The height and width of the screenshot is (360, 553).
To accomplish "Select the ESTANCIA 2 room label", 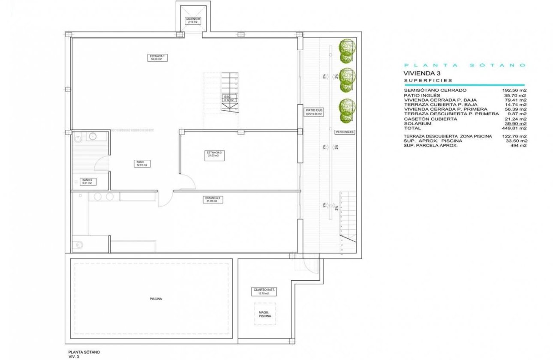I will click(x=214, y=154).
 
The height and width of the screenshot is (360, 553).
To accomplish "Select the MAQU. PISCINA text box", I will click(x=264, y=314).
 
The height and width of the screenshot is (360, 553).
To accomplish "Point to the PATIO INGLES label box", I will click(x=345, y=132).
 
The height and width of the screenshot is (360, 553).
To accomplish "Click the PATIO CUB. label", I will click(x=314, y=112).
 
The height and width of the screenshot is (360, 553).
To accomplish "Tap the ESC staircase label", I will click(x=228, y=98).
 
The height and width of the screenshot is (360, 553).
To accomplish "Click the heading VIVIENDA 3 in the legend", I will click(x=422, y=73).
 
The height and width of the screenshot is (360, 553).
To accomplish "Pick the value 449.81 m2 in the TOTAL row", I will click(x=514, y=128).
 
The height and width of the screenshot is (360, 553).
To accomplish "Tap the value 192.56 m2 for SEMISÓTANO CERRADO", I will click(x=514, y=90).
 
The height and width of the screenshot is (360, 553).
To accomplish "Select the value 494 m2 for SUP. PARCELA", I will click(x=518, y=146).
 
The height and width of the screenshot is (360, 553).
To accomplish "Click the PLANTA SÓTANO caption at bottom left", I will click(x=84, y=352).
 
